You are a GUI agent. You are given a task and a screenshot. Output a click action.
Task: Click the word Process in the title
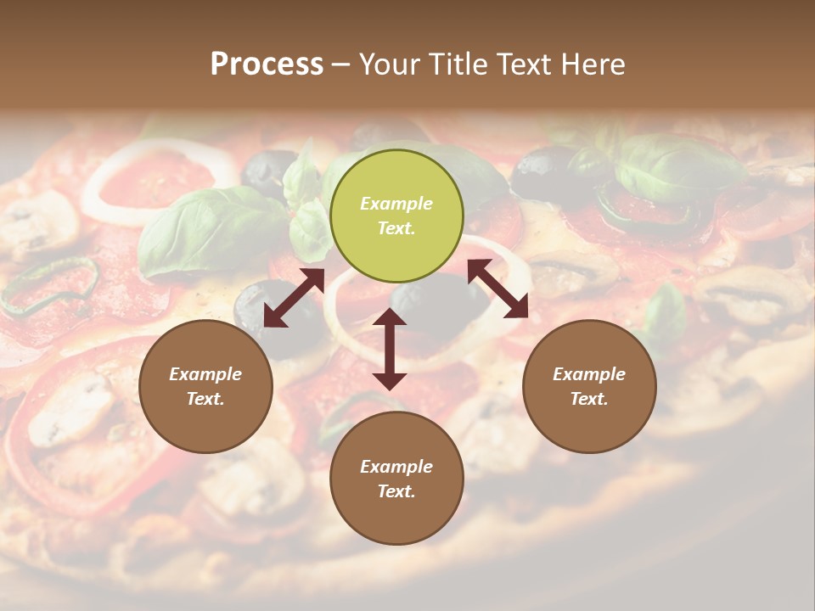267,64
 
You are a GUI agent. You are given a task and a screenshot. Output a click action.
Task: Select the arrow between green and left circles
294,298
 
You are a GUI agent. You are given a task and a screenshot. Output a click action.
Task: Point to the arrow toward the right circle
497,289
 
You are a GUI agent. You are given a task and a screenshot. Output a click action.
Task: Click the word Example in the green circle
396,204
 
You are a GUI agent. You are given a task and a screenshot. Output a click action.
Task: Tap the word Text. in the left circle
205,399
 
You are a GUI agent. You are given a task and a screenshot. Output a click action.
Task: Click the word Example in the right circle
589,374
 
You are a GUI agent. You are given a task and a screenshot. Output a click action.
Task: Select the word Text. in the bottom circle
396,491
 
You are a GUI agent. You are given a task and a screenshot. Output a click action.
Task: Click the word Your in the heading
388,64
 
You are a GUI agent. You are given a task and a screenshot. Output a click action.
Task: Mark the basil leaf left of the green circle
204,229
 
